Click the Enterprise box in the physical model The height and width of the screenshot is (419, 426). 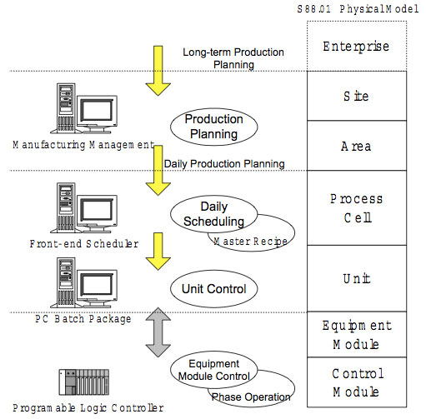[x=356, y=46]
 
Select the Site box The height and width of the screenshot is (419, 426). [x=356, y=97]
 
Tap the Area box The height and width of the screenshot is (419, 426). [x=356, y=146]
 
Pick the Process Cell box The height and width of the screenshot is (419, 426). [x=356, y=207]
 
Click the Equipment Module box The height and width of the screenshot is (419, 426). [x=356, y=333]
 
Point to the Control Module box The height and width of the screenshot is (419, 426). [x=356, y=382]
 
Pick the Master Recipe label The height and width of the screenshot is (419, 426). [x=250, y=242]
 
